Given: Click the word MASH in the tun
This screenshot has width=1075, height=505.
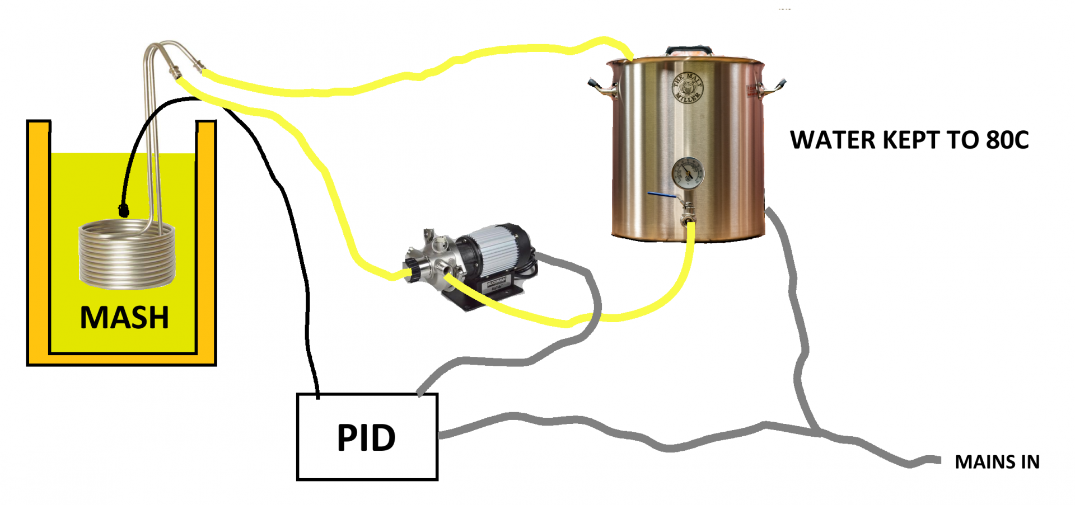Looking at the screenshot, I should [x=124, y=318].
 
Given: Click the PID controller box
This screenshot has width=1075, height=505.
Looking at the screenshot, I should [x=367, y=437].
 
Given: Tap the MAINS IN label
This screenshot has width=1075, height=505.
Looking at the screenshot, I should [x=997, y=462].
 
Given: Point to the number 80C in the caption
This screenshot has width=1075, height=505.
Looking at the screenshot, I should [x=1007, y=140].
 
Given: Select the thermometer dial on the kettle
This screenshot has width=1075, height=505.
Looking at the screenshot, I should [x=688, y=173].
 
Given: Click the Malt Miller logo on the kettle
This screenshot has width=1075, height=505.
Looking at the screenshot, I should [x=687, y=88].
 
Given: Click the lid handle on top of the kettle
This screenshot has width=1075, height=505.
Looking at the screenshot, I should [x=689, y=50].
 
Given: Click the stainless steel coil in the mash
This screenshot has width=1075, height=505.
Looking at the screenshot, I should [x=127, y=254].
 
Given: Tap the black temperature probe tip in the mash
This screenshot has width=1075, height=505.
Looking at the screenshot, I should [x=124, y=210].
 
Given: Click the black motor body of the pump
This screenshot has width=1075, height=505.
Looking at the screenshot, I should [x=498, y=252].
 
